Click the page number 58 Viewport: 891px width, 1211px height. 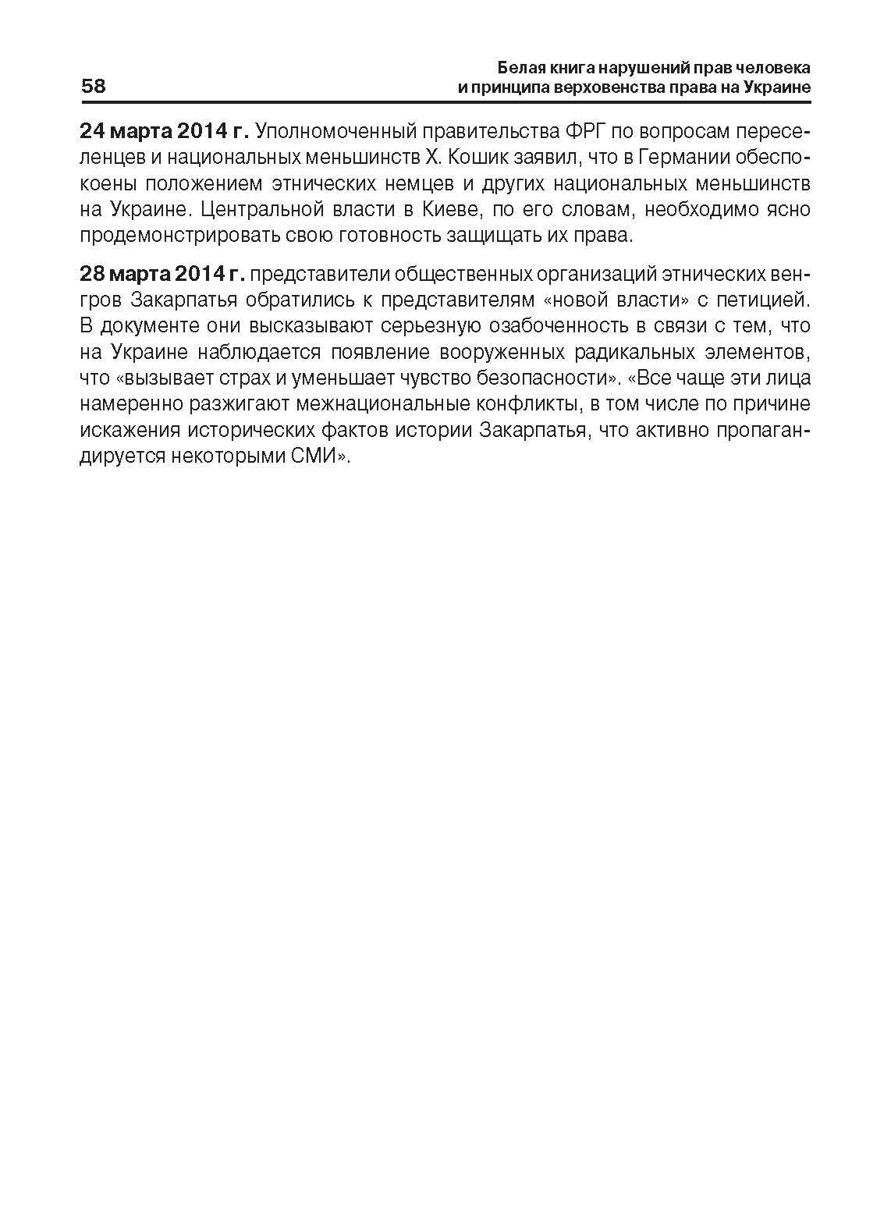point(93,86)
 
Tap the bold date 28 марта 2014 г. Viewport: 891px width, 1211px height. point(162,274)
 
